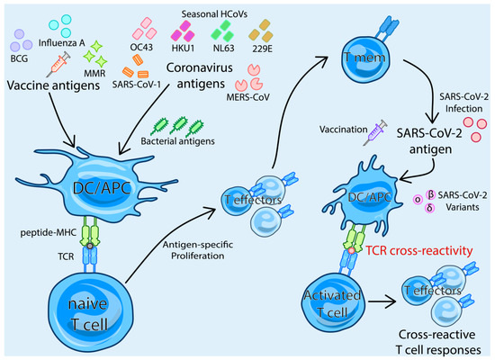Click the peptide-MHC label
(x=41, y=233)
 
